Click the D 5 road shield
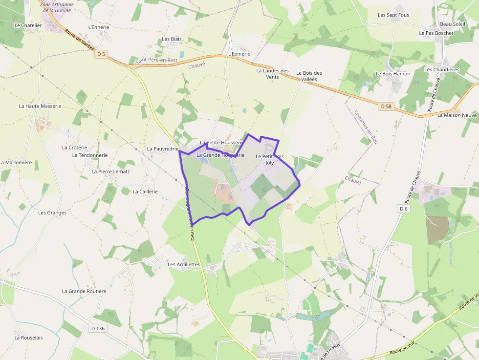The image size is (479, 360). click(x=101, y=54)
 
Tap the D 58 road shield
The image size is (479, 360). click(x=386, y=106)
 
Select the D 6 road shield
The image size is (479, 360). click(x=403, y=209)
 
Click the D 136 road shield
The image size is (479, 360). click(x=98, y=328)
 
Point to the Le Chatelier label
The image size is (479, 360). click(x=28, y=25)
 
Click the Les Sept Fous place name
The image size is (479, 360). click(x=393, y=15)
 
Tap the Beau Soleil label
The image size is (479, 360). click(x=453, y=24)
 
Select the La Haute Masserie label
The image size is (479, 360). click(x=40, y=106)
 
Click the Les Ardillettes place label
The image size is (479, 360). click(x=184, y=264)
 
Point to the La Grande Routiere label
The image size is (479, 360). click(x=84, y=291)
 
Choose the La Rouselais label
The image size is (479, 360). click(x=28, y=338)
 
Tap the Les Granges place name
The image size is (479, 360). click(x=52, y=213)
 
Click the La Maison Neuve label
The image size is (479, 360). click(x=457, y=115)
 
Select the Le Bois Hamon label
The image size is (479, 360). click(x=393, y=74)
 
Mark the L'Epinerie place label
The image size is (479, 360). click(x=239, y=54)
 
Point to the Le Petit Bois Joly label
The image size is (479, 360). click(x=270, y=159)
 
